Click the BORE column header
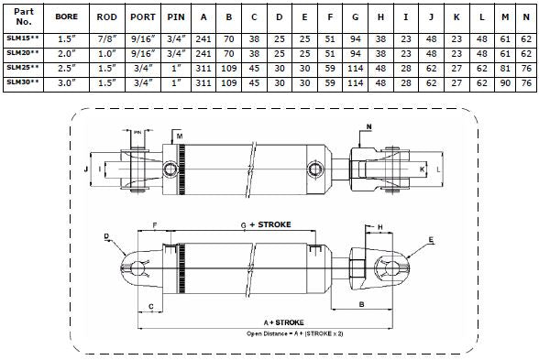pyautogui.click(x=66, y=16)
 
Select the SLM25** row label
pyautogui.click(x=23, y=68)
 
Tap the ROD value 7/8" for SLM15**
pyautogui.click(x=107, y=39)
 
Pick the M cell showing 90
pyautogui.click(x=505, y=83)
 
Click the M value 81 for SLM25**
pyautogui.click(x=505, y=69)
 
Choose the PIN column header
pyautogui.click(x=176, y=16)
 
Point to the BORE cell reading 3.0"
pyautogui.click(x=66, y=83)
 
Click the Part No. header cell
pyautogui.click(x=24, y=16)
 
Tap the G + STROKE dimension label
pyautogui.click(x=266, y=224)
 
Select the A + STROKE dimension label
pyautogui.click(x=283, y=322)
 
